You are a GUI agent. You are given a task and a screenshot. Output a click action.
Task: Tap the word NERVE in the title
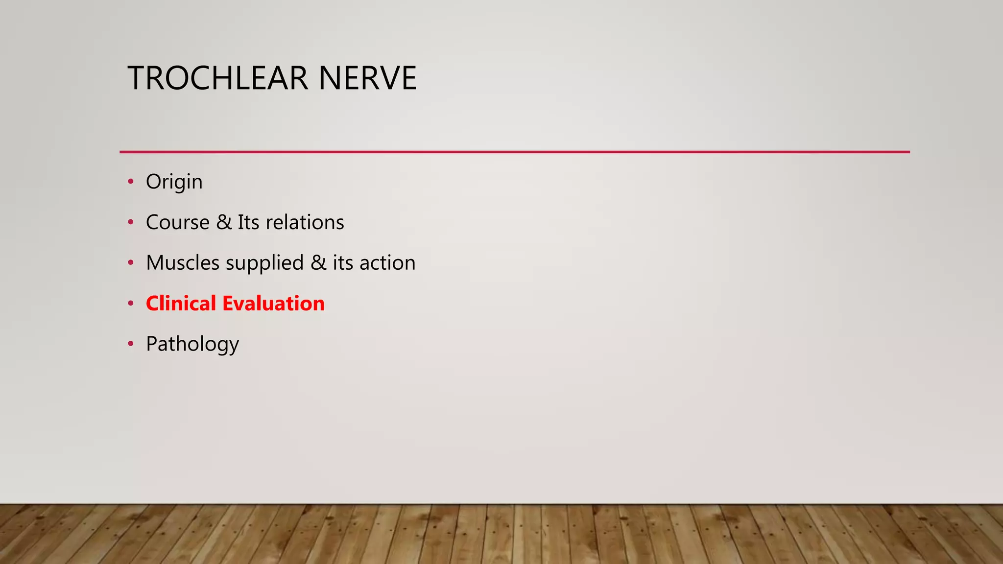(x=367, y=78)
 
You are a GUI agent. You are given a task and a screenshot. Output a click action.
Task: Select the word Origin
(x=174, y=182)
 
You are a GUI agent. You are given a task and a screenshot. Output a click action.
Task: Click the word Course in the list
(x=178, y=222)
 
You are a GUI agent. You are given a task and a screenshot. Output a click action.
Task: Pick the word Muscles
(x=183, y=263)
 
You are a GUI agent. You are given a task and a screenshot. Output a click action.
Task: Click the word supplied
(x=264, y=263)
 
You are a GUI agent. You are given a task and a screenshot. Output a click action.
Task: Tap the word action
(x=387, y=263)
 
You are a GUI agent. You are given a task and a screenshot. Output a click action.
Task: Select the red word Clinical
(x=181, y=304)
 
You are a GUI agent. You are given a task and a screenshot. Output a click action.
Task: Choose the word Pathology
(x=192, y=344)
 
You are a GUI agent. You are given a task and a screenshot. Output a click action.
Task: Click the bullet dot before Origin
(x=130, y=182)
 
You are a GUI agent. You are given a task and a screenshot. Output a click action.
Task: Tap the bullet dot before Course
(x=130, y=222)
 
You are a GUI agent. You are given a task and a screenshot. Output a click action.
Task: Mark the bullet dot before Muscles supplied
(x=130, y=263)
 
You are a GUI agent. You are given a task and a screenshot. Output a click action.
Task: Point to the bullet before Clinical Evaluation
(x=130, y=304)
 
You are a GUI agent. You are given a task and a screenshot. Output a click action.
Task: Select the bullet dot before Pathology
(x=130, y=344)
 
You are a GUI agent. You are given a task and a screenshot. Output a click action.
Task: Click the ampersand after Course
(x=224, y=222)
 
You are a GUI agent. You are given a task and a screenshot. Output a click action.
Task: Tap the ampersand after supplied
(x=318, y=263)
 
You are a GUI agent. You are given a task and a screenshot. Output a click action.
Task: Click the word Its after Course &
(x=248, y=222)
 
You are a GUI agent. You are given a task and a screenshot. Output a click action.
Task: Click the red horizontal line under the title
(x=514, y=152)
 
